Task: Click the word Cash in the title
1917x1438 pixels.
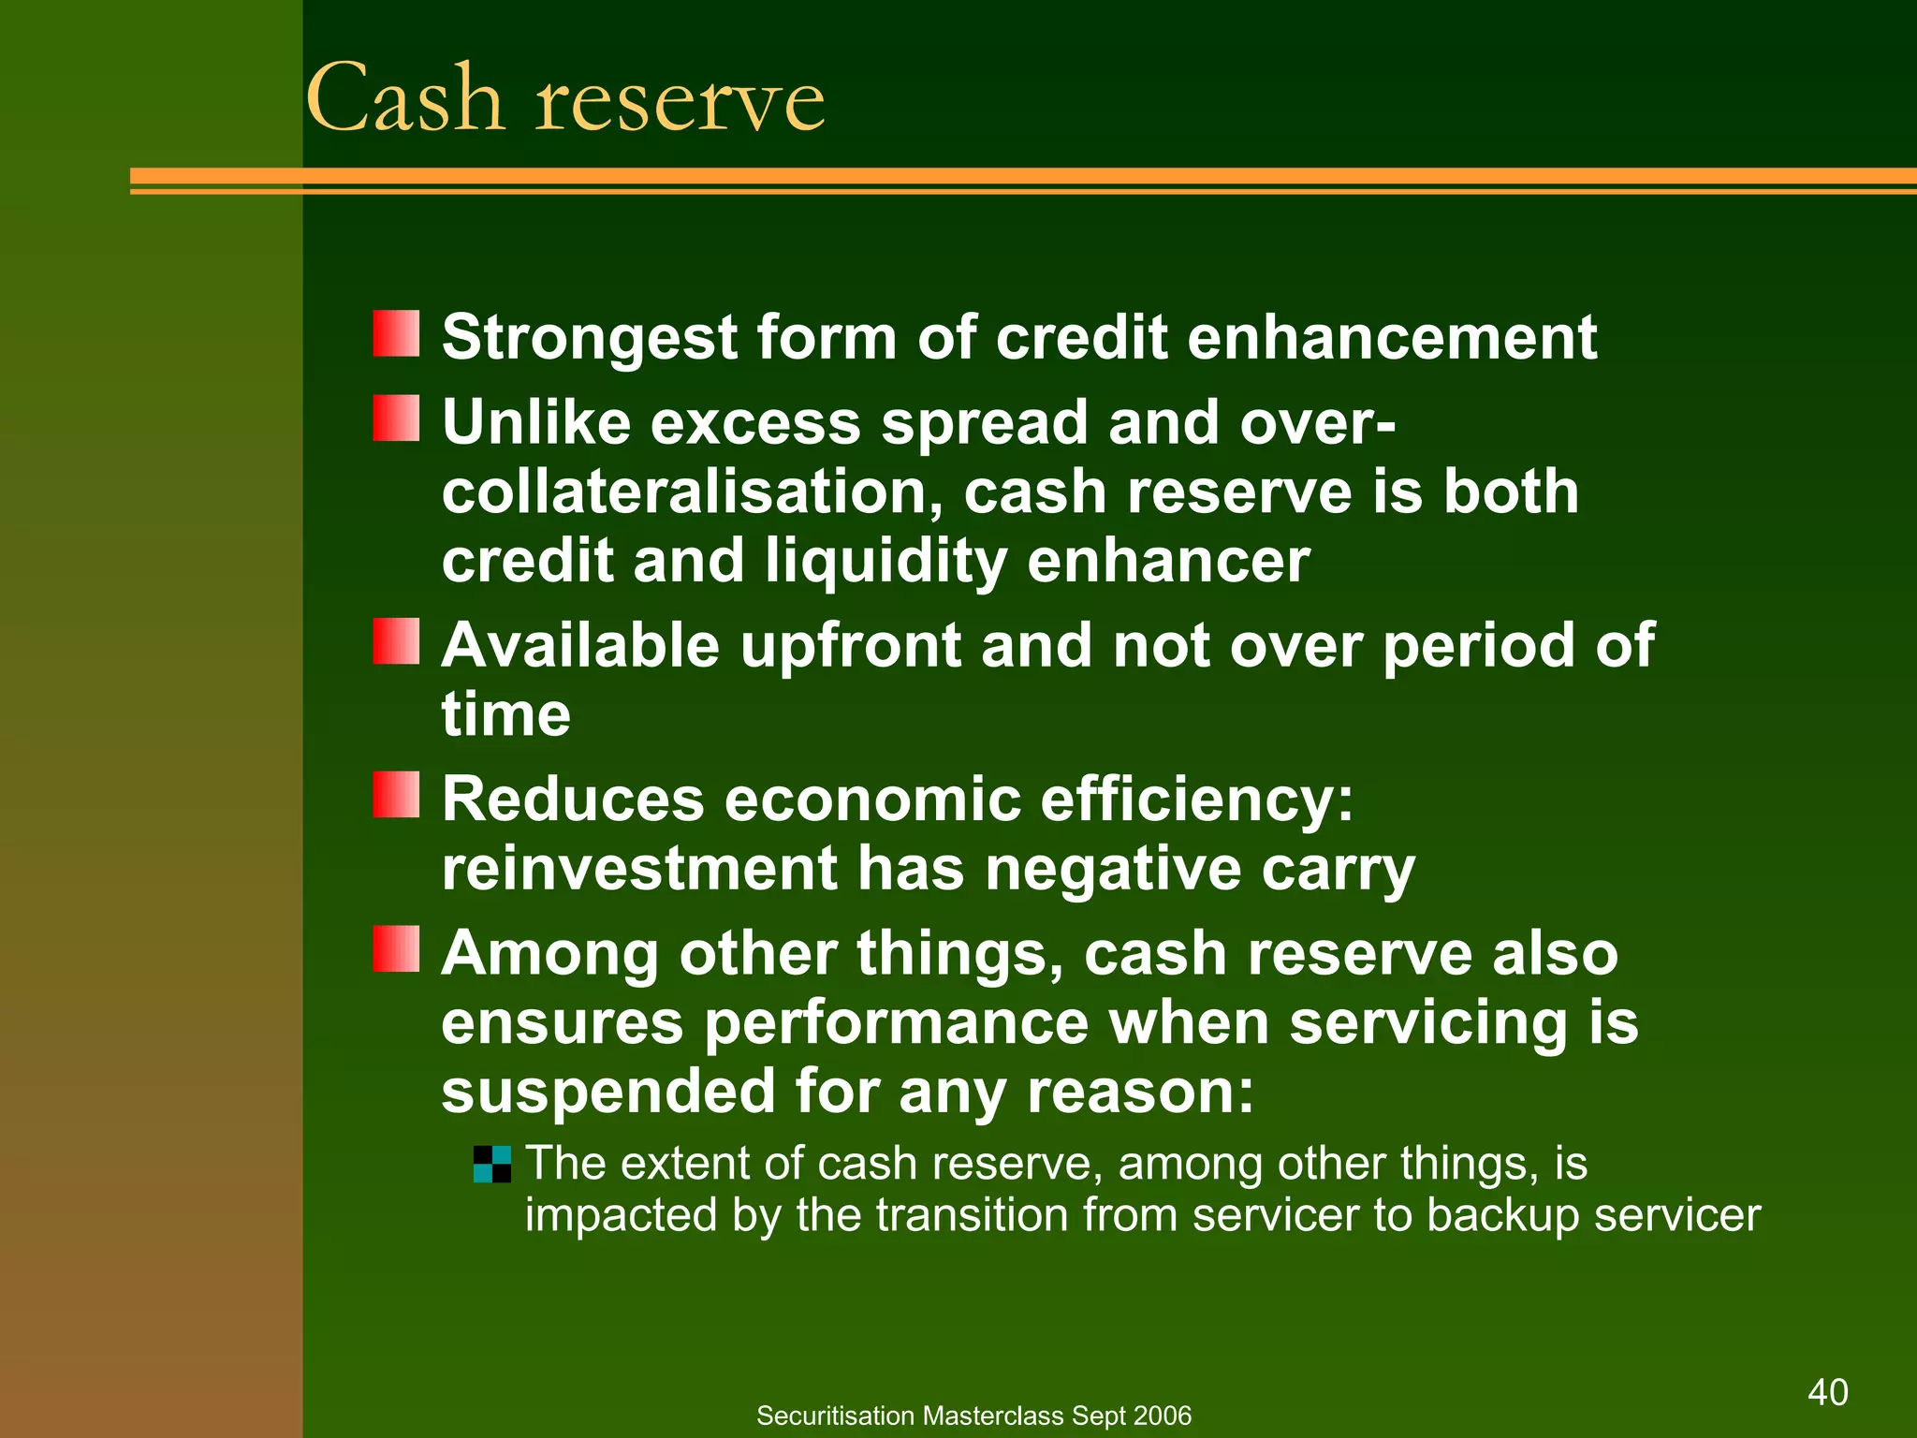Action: point(404,98)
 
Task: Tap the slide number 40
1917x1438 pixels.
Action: point(1827,1392)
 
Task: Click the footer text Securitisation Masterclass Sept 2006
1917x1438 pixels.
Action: point(973,1416)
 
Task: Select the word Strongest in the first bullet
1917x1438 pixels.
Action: point(590,338)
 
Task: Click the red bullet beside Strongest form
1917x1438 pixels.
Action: point(396,334)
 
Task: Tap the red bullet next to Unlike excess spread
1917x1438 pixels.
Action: point(396,418)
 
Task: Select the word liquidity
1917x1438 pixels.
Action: point(885,562)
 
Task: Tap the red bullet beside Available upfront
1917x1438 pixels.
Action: point(396,641)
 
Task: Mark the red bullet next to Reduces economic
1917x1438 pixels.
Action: point(396,795)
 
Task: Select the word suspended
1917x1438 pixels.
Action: point(608,1092)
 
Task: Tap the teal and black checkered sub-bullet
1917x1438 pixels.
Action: point(492,1165)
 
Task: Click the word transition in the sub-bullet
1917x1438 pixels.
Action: point(973,1215)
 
